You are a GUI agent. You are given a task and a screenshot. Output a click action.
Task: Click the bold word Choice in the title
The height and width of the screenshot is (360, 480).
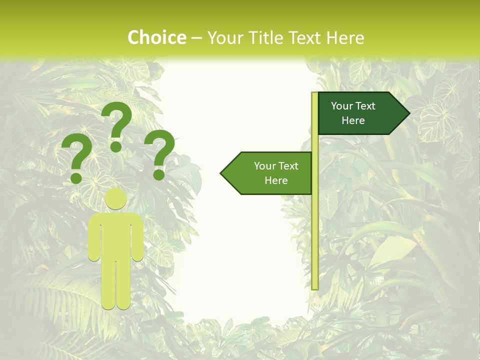click(x=156, y=37)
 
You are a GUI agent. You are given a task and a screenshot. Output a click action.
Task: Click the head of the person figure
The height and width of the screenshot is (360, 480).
click(x=115, y=198)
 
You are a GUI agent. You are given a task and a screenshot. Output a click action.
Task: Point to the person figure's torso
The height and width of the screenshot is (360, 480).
click(x=115, y=235)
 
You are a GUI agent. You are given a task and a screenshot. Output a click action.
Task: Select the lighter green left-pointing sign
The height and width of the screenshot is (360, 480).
click(x=270, y=173)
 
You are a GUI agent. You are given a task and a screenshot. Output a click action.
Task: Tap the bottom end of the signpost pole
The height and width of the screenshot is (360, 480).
click(x=315, y=287)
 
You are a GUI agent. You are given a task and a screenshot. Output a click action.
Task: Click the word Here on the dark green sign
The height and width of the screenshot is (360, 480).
click(x=353, y=120)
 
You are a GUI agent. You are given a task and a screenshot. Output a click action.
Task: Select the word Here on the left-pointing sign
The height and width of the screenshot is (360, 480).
click(x=276, y=180)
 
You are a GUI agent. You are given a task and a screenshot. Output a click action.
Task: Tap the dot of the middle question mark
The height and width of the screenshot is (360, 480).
click(x=116, y=146)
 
